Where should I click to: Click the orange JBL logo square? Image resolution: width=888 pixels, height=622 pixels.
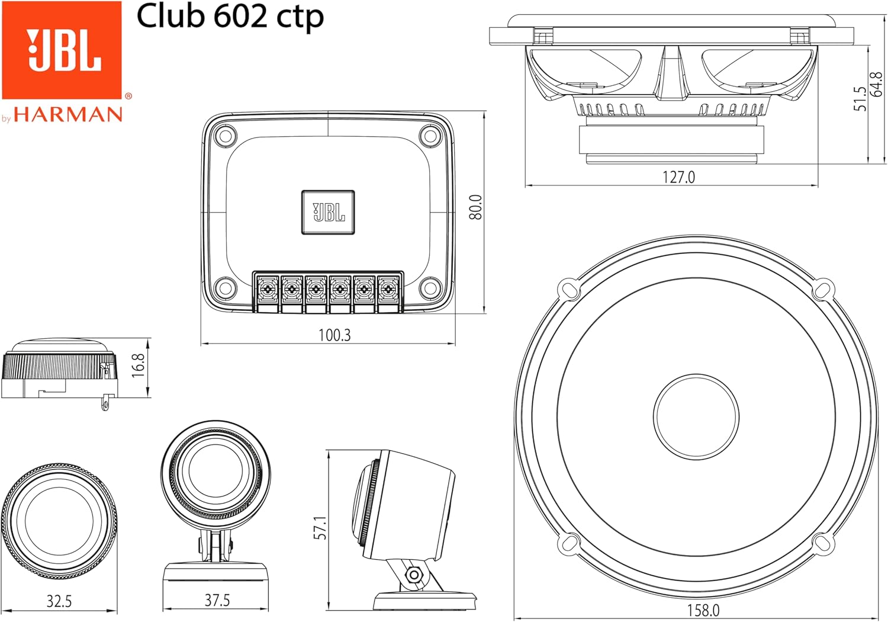tap(62, 50)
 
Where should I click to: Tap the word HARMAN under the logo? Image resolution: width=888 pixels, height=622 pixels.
tap(68, 114)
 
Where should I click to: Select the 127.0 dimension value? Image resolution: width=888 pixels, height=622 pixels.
tap(678, 177)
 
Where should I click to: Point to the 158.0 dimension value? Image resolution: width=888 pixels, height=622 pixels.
tap(703, 610)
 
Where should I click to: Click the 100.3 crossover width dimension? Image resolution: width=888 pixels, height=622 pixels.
tap(334, 335)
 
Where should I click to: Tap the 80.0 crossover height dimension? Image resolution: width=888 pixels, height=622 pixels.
tap(476, 207)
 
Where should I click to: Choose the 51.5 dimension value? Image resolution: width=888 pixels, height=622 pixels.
tap(860, 98)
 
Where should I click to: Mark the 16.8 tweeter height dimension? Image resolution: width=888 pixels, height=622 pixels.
tap(139, 365)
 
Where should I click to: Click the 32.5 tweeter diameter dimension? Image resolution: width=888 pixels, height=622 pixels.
tap(59, 602)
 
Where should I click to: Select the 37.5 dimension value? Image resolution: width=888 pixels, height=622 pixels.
tap(217, 601)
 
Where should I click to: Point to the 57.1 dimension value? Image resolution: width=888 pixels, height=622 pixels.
tap(320, 527)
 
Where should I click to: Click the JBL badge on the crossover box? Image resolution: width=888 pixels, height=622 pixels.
tap(328, 212)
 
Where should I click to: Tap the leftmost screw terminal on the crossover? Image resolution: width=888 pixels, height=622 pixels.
tap(268, 289)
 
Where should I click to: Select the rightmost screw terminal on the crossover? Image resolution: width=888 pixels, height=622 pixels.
tap(388, 289)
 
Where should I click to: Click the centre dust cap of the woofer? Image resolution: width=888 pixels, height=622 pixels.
tap(696, 416)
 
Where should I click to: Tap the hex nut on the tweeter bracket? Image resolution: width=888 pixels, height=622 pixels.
tap(414, 574)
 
